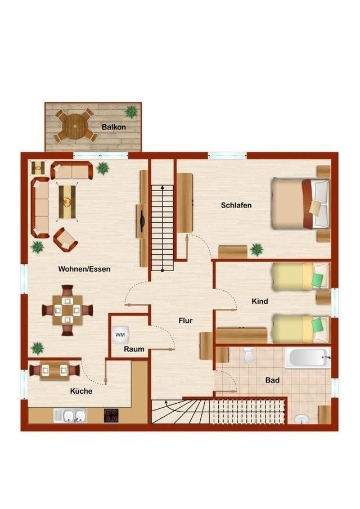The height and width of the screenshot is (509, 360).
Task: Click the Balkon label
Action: pyautogui.click(x=114, y=127)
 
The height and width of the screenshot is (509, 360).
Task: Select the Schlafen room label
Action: pyautogui.click(x=236, y=205)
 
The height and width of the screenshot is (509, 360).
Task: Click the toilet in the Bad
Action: pyautogui.click(x=249, y=356)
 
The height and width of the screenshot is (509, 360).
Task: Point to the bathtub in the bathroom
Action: pyautogui.click(x=307, y=358)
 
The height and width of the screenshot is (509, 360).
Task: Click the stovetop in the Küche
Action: pyautogui.click(x=111, y=416)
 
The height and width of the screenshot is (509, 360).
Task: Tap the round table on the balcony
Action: pyautogui.click(x=75, y=126)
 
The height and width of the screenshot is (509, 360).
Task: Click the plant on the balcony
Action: pyautogui.click(x=131, y=111)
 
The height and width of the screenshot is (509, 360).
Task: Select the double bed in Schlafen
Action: pyautogui.click(x=300, y=203)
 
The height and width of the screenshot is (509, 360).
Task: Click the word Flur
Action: pyautogui.click(x=186, y=321)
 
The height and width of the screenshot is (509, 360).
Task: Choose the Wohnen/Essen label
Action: pyautogui.click(x=84, y=269)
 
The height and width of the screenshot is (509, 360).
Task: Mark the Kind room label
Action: pyautogui.click(x=260, y=301)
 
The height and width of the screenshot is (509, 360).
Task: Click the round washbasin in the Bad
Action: pyautogui.click(x=302, y=419)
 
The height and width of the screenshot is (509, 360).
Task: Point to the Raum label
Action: pyautogui.click(x=134, y=349)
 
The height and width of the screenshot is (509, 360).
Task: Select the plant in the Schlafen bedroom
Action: pyautogui.click(x=256, y=250)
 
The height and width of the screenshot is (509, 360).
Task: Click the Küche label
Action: pyautogui.click(x=81, y=391)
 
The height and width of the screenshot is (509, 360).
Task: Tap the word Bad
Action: pyautogui.click(x=272, y=380)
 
